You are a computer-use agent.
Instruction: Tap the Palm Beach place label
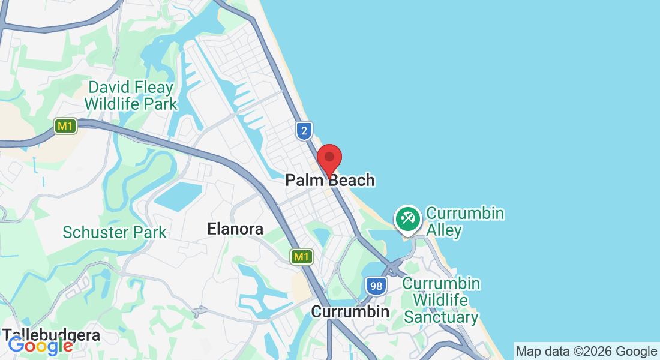pyautogui.click(x=330, y=180)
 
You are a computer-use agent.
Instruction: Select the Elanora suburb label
pyautogui.click(x=235, y=229)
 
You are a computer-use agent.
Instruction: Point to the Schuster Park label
pyautogui.click(x=115, y=232)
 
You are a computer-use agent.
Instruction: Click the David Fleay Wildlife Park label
pyautogui.click(x=131, y=96)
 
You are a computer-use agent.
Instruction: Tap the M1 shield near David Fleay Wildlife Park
pyautogui.click(x=65, y=126)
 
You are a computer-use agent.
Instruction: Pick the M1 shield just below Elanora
pyautogui.click(x=301, y=257)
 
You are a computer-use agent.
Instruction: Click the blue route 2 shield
pyautogui.click(x=305, y=131)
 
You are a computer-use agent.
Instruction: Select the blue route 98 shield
pyautogui.click(x=376, y=286)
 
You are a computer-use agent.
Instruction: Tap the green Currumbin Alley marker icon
pyautogui.click(x=408, y=218)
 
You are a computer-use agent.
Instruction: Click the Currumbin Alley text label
pyautogui.click(x=464, y=222)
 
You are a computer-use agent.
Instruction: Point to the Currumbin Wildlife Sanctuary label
pyautogui.click(x=441, y=300)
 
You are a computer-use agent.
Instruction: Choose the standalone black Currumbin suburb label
pyautogui.click(x=350, y=312)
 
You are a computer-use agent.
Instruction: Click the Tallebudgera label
pyautogui.click(x=51, y=335)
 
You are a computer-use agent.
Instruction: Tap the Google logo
pyautogui.click(x=40, y=346)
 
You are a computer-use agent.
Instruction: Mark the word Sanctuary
pyautogui.click(x=441, y=317)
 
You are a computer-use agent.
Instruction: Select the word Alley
pyautogui.click(x=444, y=230)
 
